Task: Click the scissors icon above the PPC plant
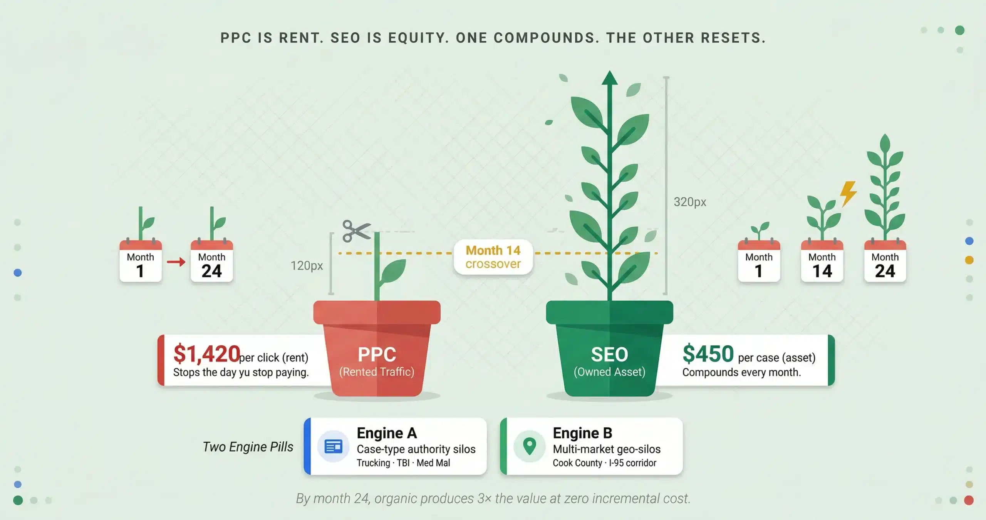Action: point(357,231)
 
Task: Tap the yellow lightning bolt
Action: point(848,194)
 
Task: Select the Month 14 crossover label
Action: point(493,257)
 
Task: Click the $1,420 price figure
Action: point(207,354)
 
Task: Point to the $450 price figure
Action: point(708,354)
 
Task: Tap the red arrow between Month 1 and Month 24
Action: point(176,262)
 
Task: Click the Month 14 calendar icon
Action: point(822,261)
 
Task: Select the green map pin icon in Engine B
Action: point(530,446)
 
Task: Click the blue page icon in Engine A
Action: point(334,447)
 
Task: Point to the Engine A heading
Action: point(387,433)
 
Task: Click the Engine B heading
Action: point(582,433)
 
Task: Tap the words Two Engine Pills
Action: point(248,447)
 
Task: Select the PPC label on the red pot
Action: point(377,354)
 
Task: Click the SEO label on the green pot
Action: point(609,354)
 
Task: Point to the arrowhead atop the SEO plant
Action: point(610,77)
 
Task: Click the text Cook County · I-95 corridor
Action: point(604,463)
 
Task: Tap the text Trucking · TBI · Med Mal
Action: point(403,463)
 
